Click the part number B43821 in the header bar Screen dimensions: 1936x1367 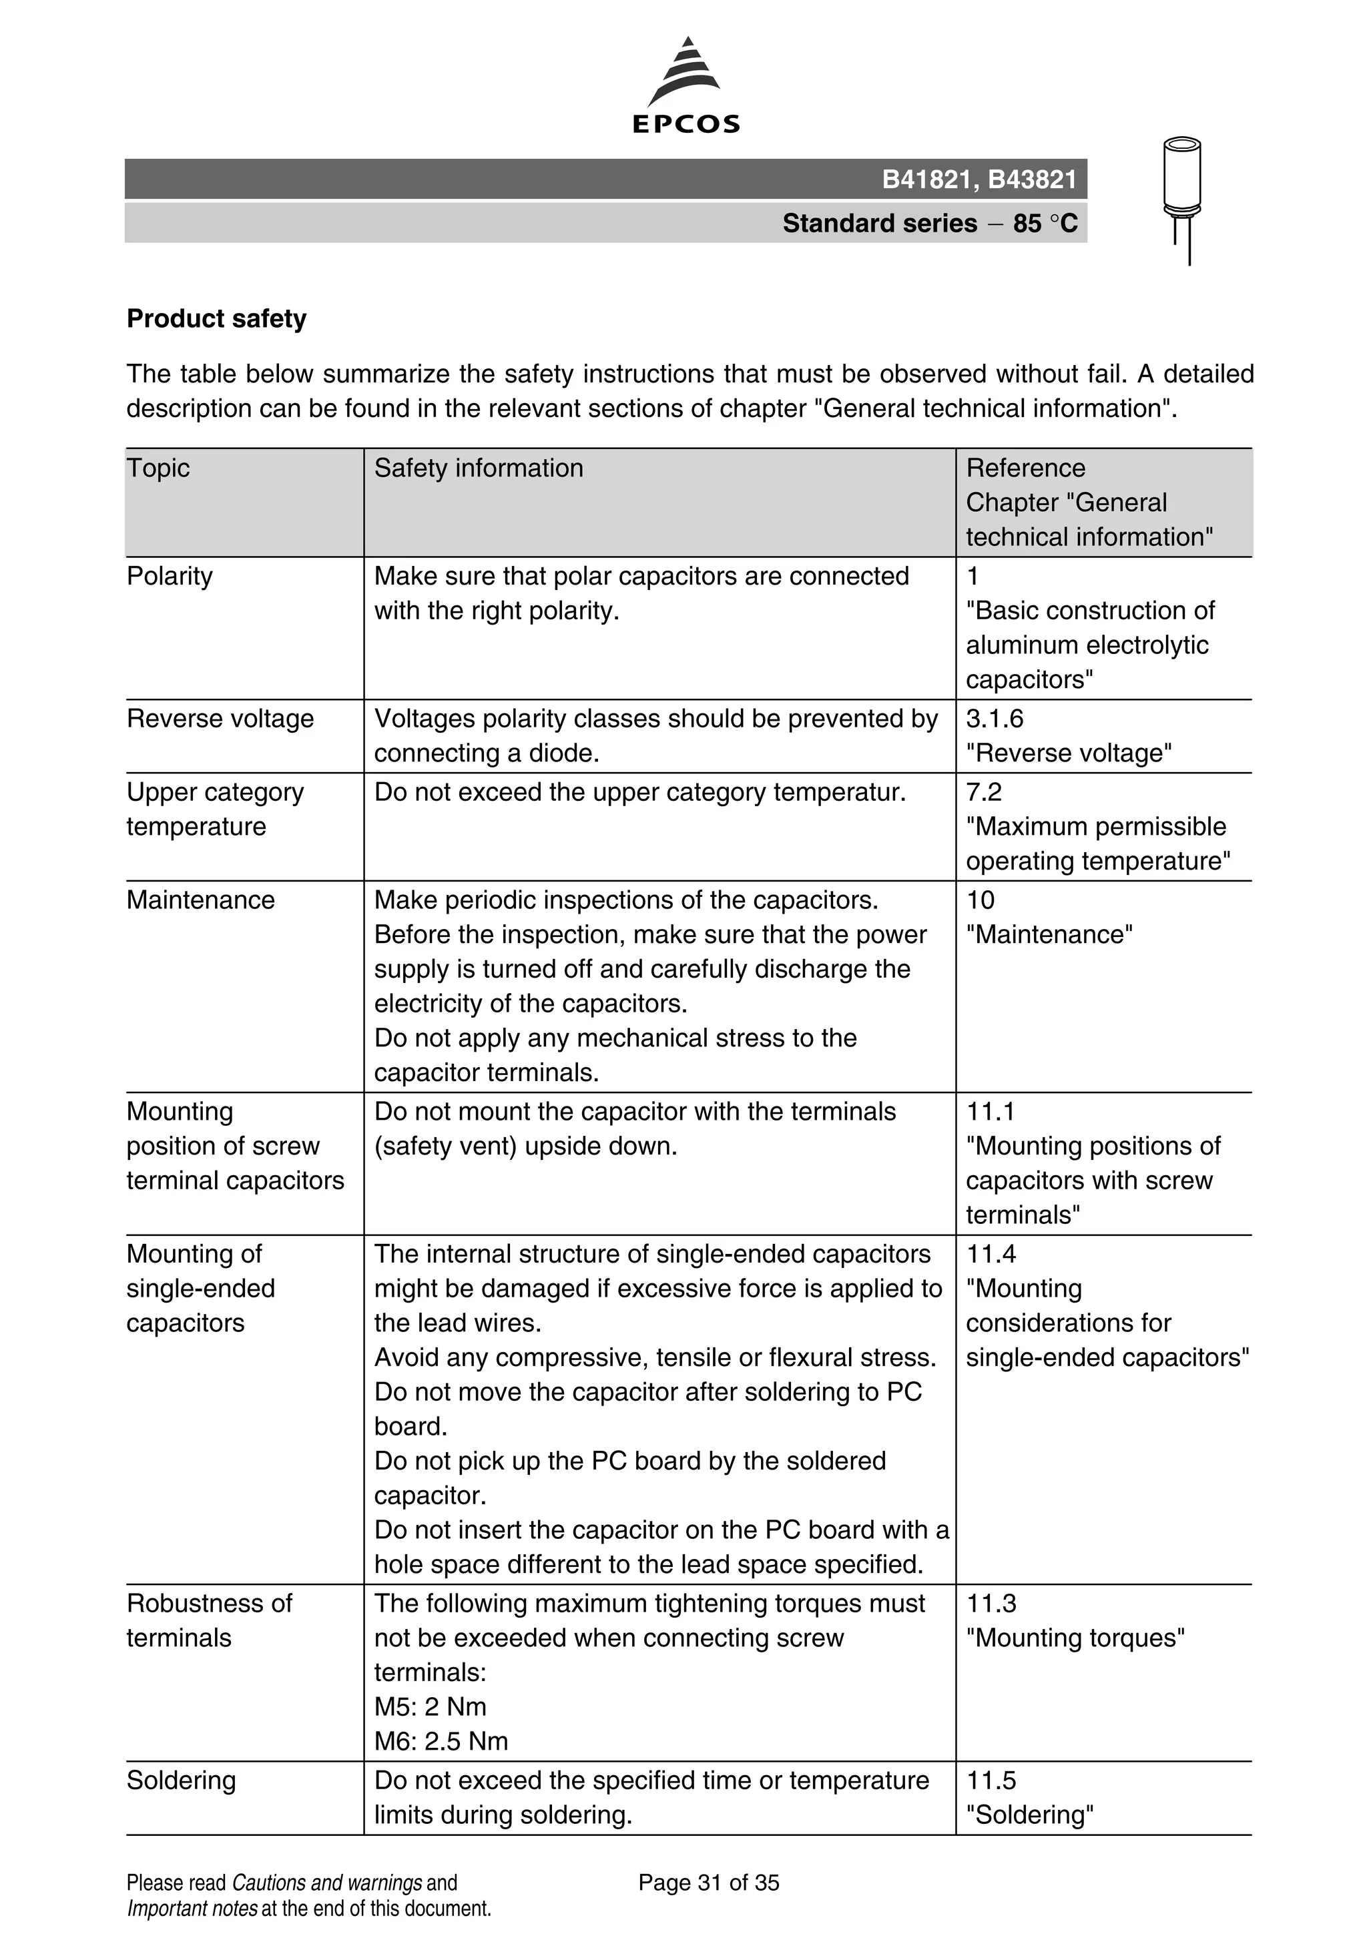[x=1032, y=180]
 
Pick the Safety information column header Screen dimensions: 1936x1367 [x=478, y=468]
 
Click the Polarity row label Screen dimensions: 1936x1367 [x=170, y=576]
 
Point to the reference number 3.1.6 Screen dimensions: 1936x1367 [x=995, y=719]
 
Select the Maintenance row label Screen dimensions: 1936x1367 [x=201, y=900]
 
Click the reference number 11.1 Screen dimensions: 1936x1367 [x=991, y=1111]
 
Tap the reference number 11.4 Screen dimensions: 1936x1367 [x=991, y=1254]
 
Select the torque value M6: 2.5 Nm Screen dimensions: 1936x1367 [x=441, y=1741]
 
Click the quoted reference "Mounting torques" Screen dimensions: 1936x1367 [x=1075, y=1638]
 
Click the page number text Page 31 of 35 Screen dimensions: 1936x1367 [x=708, y=1883]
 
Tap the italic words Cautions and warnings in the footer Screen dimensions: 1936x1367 [x=326, y=1883]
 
